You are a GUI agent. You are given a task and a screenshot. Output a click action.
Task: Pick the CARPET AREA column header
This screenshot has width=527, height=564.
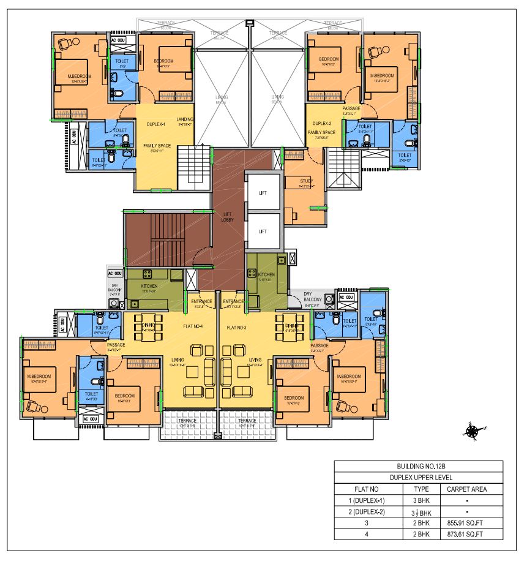tap(466, 489)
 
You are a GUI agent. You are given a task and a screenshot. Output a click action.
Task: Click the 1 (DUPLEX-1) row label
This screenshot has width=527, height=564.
tap(369, 500)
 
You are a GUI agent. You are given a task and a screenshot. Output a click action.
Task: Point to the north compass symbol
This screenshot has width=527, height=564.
tap(473, 431)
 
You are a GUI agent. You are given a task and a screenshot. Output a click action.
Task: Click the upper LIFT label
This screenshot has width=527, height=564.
tap(263, 193)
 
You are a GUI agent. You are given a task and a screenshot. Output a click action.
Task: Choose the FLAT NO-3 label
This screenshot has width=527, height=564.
tap(239, 328)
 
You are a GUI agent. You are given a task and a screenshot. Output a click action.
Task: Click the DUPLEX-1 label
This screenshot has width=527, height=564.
tap(157, 124)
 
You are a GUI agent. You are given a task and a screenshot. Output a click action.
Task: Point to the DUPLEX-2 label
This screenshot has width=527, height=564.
tap(323, 124)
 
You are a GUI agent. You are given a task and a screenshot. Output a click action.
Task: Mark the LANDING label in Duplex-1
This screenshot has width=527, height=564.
tap(185, 119)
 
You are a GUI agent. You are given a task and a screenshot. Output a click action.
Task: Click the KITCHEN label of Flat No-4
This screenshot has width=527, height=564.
tap(149, 286)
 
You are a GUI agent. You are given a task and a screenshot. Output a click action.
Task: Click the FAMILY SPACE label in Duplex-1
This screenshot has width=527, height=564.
tap(156, 146)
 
